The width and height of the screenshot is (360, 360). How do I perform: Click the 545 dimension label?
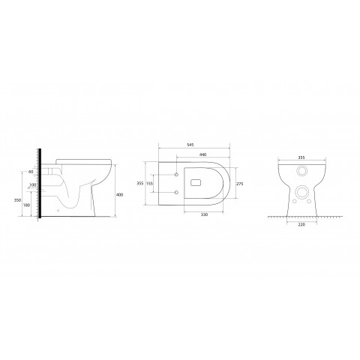[x=190, y=145]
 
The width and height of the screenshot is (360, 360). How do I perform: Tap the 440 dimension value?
[x=203, y=154]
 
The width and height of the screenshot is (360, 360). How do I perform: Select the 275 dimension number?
[x=240, y=184]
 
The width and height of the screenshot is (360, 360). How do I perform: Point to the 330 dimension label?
[x=204, y=214]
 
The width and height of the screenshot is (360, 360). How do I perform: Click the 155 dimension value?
[x=149, y=184]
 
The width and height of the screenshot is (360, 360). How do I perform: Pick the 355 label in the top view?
[x=140, y=184]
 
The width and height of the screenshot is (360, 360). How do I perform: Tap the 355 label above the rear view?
[x=301, y=157]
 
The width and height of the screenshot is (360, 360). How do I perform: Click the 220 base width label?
[x=301, y=224]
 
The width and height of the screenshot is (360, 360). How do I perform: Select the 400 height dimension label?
[x=120, y=195]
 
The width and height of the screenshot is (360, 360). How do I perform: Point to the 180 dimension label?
[x=26, y=205]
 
